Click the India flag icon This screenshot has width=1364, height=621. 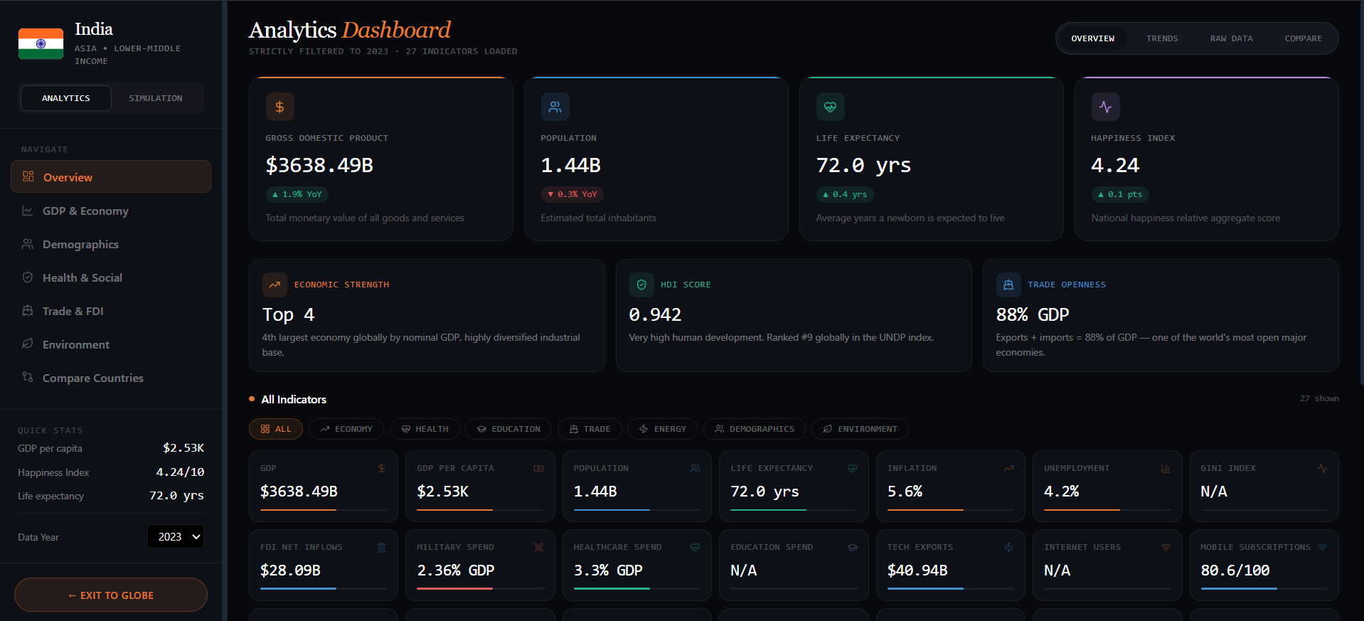pyautogui.click(x=41, y=43)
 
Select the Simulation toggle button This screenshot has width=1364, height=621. pyautogui.click(x=156, y=98)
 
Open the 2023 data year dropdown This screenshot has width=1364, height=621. pyautogui.click(x=176, y=536)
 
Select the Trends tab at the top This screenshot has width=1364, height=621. pyautogui.click(x=1162, y=38)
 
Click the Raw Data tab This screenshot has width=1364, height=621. pyautogui.click(x=1232, y=38)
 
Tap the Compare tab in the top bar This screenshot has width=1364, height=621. pyautogui.click(x=1303, y=38)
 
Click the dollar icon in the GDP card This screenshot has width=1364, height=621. pyautogui.click(x=279, y=107)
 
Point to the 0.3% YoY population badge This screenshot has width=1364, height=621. pyautogui.click(x=572, y=194)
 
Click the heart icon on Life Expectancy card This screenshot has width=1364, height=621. pyautogui.click(x=830, y=107)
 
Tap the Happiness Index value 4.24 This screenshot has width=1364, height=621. pyautogui.click(x=1115, y=165)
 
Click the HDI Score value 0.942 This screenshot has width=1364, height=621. pyautogui.click(x=655, y=314)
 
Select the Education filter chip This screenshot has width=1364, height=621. pyautogui.click(x=508, y=429)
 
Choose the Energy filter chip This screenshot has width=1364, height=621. pyautogui.click(x=662, y=429)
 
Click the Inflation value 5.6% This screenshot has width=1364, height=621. pyautogui.click(x=905, y=492)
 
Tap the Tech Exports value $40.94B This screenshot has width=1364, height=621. pyautogui.click(x=917, y=570)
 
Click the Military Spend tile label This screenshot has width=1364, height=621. pyautogui.click(x=455, y=547)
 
